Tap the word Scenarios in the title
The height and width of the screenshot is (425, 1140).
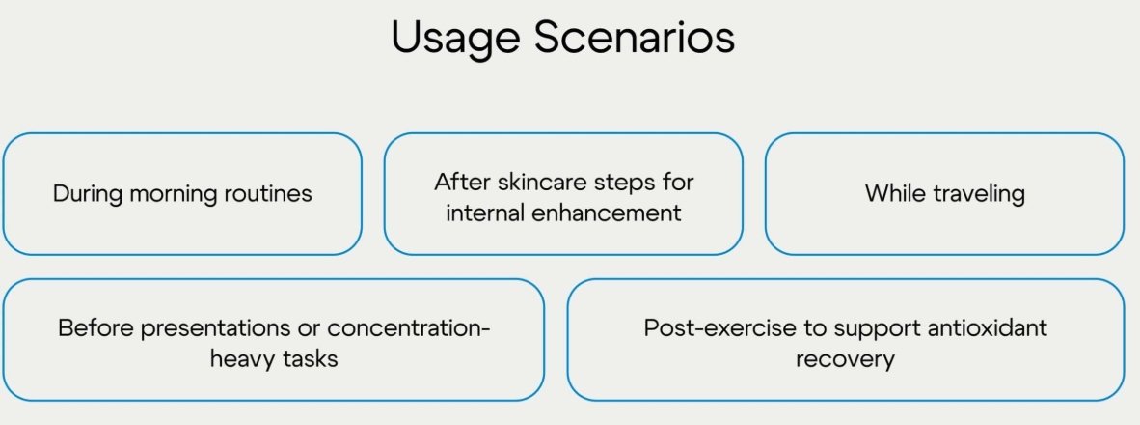(x=635, y=36)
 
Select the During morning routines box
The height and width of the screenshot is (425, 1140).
(x=182, y=193)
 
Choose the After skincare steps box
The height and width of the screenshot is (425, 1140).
(x=563, y=193)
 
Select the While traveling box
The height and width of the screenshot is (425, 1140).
(x=944, y=193)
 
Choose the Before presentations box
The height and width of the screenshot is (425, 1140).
(x=273, y=339)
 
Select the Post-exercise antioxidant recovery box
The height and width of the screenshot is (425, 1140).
(x=846, y=339)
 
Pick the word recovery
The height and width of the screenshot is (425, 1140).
(x=845, y=359)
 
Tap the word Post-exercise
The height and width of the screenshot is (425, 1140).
(x=710, y=327)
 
